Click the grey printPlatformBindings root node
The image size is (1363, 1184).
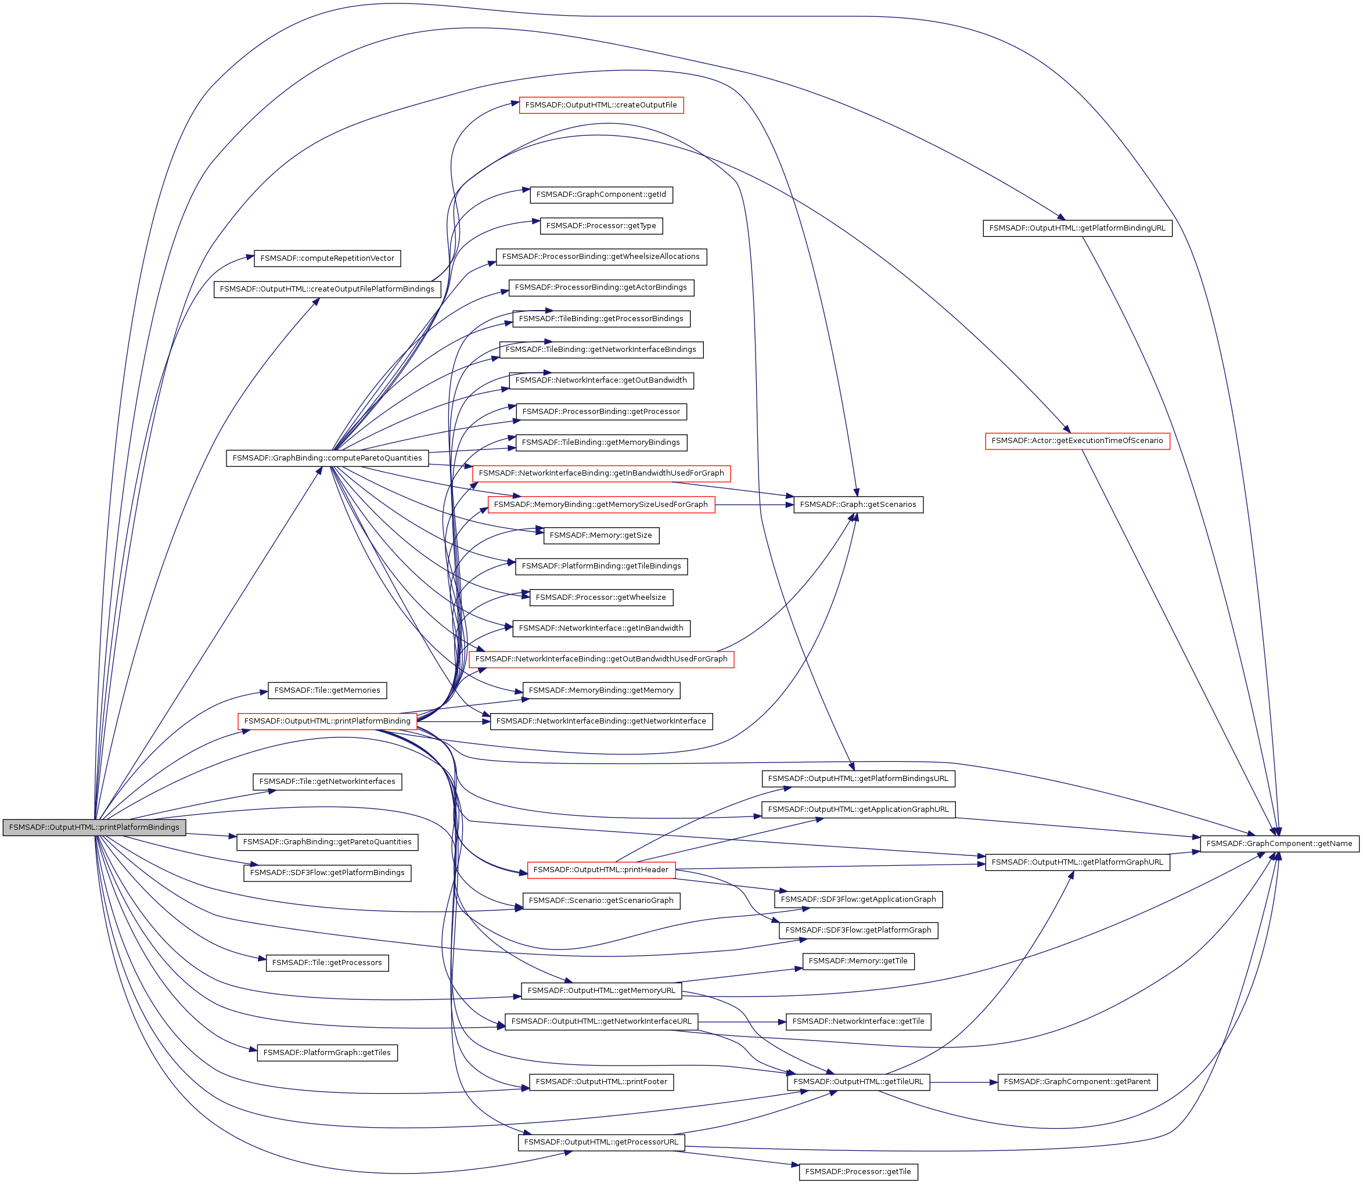(94, 827)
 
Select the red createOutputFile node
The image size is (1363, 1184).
(600, 105)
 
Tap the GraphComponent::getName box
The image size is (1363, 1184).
(1279, 843)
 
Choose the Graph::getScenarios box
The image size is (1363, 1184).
(858, 505)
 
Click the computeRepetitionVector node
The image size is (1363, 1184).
(327, 258)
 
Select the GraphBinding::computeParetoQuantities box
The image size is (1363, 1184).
(327, 458)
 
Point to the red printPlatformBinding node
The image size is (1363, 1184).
(327, 721)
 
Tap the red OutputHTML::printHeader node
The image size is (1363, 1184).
(600, 869)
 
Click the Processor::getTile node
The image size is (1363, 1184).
(858, 1171)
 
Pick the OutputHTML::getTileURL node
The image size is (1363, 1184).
(858, 1082)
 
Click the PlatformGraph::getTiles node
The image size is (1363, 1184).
(327, 1053)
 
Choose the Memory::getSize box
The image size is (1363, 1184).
(600, 535)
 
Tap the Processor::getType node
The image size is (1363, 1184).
(600, 226)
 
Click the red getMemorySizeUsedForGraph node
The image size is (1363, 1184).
(600, 505)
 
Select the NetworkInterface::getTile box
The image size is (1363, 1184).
(858, 1021)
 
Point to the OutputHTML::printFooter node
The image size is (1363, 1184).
(600, 1082)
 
